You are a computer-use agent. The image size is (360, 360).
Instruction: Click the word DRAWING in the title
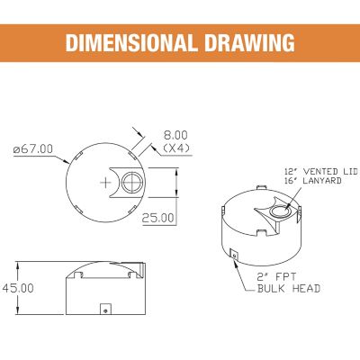(x=253, y=42)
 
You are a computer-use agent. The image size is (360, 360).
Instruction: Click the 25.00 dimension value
(x=159, y=218)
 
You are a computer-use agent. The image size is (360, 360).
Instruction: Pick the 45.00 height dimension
(x=18, y=287)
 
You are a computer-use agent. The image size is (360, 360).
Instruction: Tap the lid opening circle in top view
(x=132, y=182)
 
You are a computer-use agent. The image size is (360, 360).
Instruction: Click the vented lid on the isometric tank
(x=277, y=212)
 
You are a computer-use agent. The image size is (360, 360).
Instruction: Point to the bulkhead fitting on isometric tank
(x=233, y=256)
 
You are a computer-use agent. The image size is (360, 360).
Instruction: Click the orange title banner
(x=180, y=42)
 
